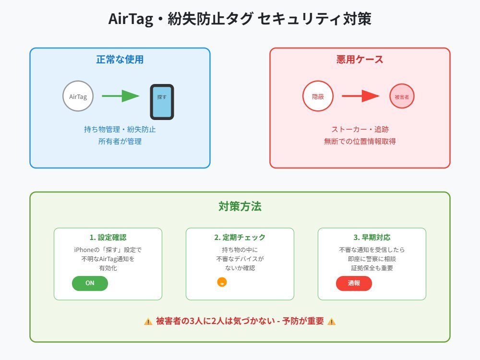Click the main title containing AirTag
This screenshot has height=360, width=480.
(240, 19)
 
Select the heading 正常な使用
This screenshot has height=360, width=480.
(120, 60)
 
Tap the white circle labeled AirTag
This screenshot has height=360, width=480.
(78, 96)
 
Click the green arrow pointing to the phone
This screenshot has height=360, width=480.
(120, 96)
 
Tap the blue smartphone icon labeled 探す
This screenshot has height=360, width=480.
(162, 102)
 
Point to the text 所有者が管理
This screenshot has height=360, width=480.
(120, 142)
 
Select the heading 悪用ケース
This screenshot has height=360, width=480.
(360, 60)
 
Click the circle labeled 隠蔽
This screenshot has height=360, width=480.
(318, 96)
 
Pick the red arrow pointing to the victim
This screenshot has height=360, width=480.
(360, 96)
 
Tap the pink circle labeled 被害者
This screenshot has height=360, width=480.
(402, 96)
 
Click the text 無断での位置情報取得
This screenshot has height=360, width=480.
(360, 142)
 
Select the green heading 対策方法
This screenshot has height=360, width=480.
(240, 206)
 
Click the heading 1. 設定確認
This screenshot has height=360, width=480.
(108, 237)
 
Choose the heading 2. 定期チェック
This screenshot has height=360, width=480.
(240, 237)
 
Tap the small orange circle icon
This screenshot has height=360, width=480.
(222, 282)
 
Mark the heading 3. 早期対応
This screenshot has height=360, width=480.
(372, 237)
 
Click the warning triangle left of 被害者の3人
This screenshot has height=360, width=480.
(148, 322)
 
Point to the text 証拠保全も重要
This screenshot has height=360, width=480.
(372, 268)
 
